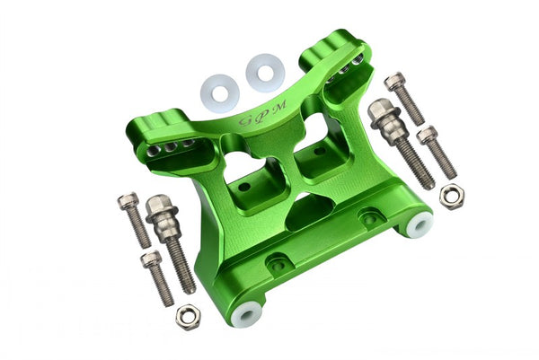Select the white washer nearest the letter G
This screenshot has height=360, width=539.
point(220,90)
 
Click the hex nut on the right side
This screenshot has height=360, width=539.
point(451,196)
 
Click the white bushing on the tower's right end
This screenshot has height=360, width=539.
point(420,224)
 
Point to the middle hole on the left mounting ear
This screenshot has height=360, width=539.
point(170,145)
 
